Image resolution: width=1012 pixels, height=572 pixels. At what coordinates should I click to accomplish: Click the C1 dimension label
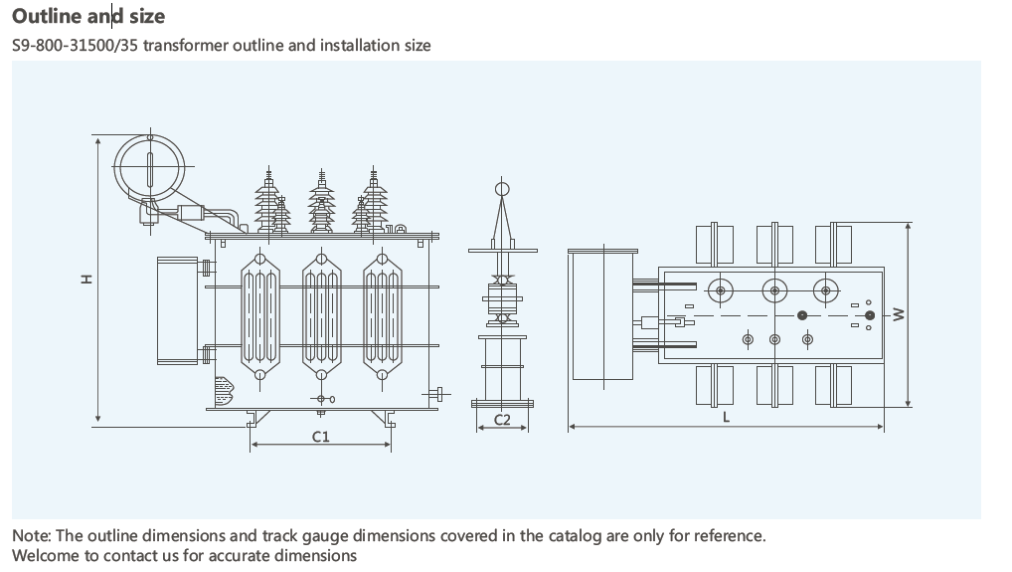(320, 436)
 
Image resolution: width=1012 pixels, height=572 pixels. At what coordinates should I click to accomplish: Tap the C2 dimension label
(502, 420)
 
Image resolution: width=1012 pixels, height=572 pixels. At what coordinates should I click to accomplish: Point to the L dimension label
(726, 418)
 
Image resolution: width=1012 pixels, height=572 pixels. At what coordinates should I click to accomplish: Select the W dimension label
(898, 314)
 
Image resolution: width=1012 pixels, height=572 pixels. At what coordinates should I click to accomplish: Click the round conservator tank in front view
(149, 165)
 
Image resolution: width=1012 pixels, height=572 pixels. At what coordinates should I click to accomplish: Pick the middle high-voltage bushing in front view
(321, 202)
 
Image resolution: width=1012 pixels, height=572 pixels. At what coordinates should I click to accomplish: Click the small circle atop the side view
(502, 188)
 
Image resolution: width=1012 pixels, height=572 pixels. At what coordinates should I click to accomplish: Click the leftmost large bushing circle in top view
(720, 289)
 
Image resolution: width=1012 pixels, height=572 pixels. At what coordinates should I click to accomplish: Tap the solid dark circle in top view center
(802, 315)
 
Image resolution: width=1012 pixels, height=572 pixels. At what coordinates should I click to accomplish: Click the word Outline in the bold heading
(44, 16)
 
